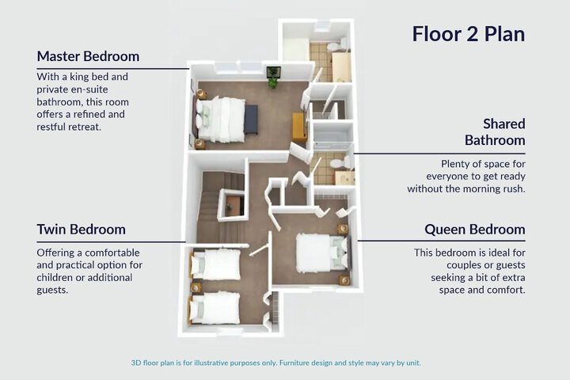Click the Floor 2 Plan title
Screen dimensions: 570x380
pos(469,34)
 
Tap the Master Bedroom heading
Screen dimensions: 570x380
pos(88,56)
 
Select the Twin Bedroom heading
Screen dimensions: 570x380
pos(81,230)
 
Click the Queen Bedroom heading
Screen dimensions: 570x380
pos(475,230)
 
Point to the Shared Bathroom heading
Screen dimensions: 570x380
pos(495,132)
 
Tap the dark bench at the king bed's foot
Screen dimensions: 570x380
pos(251,120)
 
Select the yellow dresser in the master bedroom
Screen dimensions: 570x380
pos(300,126)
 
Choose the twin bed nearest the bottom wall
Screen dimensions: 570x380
pos(215,308)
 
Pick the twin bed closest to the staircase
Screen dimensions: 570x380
pos(215,264)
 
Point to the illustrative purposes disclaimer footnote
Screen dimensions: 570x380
pos(276,363)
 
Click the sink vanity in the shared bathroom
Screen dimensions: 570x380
pos(344,178)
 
